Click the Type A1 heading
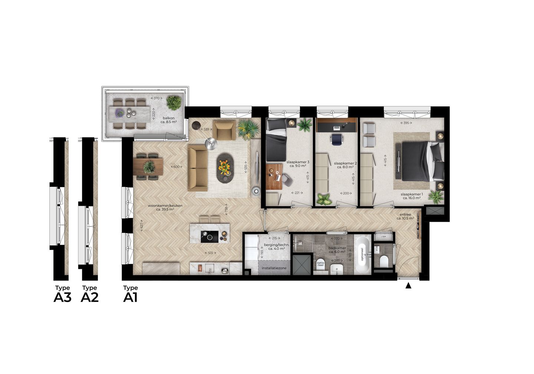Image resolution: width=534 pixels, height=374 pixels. point(131,294)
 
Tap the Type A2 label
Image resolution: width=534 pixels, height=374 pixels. point(89,294)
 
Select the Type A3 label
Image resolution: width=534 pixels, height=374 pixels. point(62,294)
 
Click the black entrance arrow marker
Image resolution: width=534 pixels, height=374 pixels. point(408,286)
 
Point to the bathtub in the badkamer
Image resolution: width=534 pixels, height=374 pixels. point(362,255)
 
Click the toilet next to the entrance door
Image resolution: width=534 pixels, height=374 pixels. point(383,261)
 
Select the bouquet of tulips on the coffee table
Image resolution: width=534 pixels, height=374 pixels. point(225,168)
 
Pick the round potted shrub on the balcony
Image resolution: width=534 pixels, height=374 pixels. point(174,102)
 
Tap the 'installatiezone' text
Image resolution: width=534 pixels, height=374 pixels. point(274,268)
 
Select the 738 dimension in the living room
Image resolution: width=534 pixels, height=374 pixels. point(226,210)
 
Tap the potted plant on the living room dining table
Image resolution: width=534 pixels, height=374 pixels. point(149,167)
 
